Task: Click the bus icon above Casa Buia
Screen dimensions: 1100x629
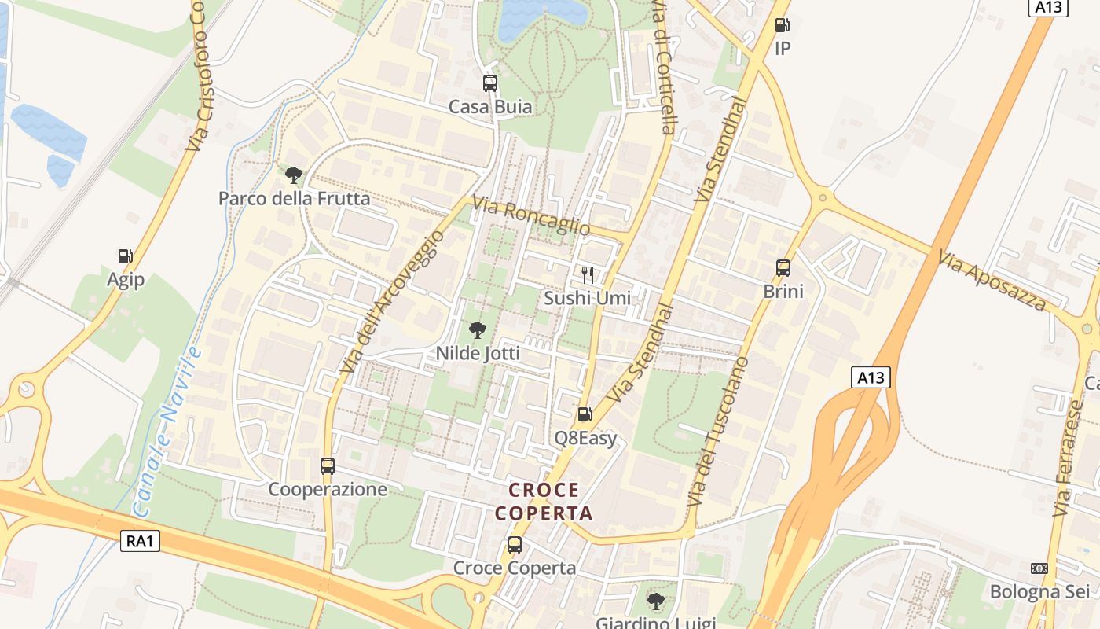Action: [490, 83]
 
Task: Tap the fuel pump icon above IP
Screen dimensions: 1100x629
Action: [782, 25]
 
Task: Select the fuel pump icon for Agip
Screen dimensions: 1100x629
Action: [125, 256]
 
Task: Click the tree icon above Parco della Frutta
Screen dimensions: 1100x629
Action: [294, 175]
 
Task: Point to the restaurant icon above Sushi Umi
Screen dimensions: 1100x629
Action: [587, 274]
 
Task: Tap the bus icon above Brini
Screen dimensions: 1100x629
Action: [783, 267]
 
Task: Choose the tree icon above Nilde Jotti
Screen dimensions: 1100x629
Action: [477, 330]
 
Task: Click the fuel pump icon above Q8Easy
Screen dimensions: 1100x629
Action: [585, 414]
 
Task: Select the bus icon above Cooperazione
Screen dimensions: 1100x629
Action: [328, 465]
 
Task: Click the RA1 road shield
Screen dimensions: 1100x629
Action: [141, 541]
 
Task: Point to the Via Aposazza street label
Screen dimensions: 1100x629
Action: [992, 281]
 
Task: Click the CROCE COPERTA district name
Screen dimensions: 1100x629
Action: [544, 502]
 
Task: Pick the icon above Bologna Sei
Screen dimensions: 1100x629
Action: [1039, 568]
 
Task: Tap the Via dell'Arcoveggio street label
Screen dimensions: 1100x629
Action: [387, 302]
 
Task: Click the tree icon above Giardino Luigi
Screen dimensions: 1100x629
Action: [655, 601]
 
